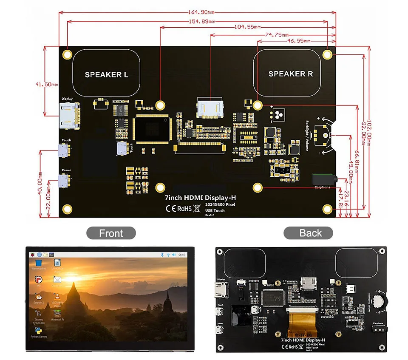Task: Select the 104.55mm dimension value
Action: tap(247, 27)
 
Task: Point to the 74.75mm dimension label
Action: tap(277, 34)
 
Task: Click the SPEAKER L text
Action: tap(106, 75)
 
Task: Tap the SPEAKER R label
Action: tap(291, 74)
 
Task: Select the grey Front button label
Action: tap(111, 233)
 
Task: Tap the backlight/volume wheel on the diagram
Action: tap(322, 135)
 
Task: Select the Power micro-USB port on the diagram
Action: tap(65, 180)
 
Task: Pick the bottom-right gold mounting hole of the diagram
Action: tap(327, 209)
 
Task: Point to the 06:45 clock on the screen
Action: tap(182, 255)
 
